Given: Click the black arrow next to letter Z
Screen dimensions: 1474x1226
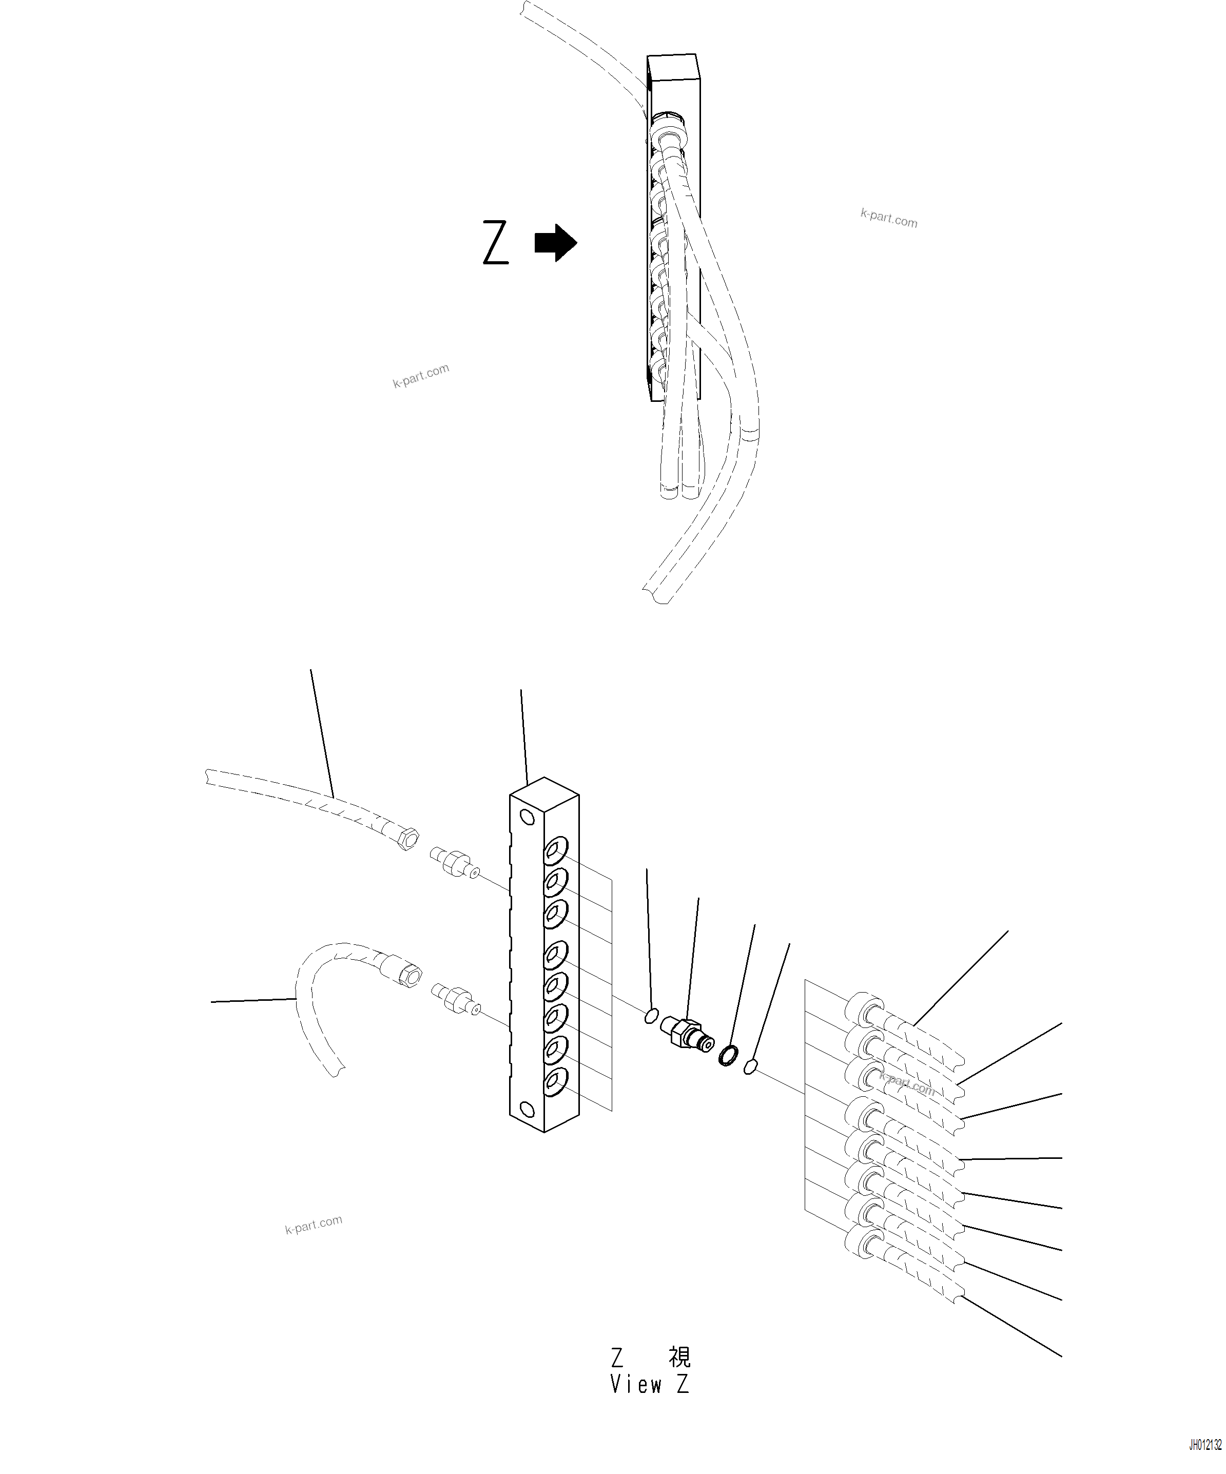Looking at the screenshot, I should pyautogui.click(x=556, y=243).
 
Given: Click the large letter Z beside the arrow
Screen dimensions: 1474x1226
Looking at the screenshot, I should pyautogui.click(x=495, y=243).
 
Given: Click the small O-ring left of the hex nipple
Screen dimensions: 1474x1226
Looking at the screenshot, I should pyautogui.click(x=651, y=1016).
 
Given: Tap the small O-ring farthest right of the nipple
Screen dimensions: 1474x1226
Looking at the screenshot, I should pyautogui.click(x=750, y=1067).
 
